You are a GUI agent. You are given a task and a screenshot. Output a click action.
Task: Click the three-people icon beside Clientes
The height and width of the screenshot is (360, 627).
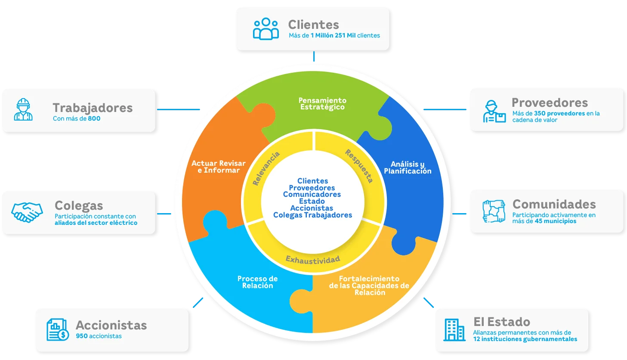[x=266, y=29]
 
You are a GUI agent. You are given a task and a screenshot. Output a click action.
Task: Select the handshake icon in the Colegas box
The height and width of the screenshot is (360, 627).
[x=27, y=212]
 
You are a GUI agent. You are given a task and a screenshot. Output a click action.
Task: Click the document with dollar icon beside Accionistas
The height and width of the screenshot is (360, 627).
[x=57, y=330]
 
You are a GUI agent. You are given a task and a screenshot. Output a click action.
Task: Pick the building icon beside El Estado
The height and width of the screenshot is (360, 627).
[x=454, y=330]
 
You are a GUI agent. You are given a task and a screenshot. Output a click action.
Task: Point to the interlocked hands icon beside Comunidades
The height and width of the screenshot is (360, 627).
[x=493, y=211]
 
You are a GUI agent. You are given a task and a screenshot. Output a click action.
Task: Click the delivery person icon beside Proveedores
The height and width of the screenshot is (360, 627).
[x=494, y=112]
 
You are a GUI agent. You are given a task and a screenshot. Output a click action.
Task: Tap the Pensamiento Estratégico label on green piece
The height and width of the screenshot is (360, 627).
[x=322, y=104]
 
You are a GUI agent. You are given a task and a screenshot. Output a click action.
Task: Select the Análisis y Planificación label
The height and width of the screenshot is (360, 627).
[x=408, y=168]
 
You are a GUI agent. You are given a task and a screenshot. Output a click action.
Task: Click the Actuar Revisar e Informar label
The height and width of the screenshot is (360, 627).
[x=219, y=167]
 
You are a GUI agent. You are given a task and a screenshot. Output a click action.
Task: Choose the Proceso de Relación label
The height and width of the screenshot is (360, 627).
[x=257, y=282]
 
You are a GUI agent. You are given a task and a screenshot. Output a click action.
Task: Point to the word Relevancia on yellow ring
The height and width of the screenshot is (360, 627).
[x=266, y=168]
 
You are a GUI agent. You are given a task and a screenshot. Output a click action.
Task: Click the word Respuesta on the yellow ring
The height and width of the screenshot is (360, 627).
[x=359, y=166]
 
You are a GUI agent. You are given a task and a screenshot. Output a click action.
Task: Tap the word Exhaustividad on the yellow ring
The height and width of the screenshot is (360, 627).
[x=313, y=259]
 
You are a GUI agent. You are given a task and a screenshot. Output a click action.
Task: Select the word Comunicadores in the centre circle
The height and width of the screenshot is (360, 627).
[x=312, y=194]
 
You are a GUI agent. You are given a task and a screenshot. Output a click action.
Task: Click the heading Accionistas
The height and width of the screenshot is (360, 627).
[x=111, y=325]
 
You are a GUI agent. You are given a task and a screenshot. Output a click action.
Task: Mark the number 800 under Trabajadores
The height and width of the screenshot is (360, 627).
[x=94, y=118]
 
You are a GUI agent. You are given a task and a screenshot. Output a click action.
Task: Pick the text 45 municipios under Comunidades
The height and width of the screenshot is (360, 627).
[x=556, y=221]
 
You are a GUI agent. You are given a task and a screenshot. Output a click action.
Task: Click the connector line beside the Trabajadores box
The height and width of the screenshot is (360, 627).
[x=179, y=109]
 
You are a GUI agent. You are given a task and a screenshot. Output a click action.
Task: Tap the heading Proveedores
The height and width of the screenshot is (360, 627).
[x=550, y=102]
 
